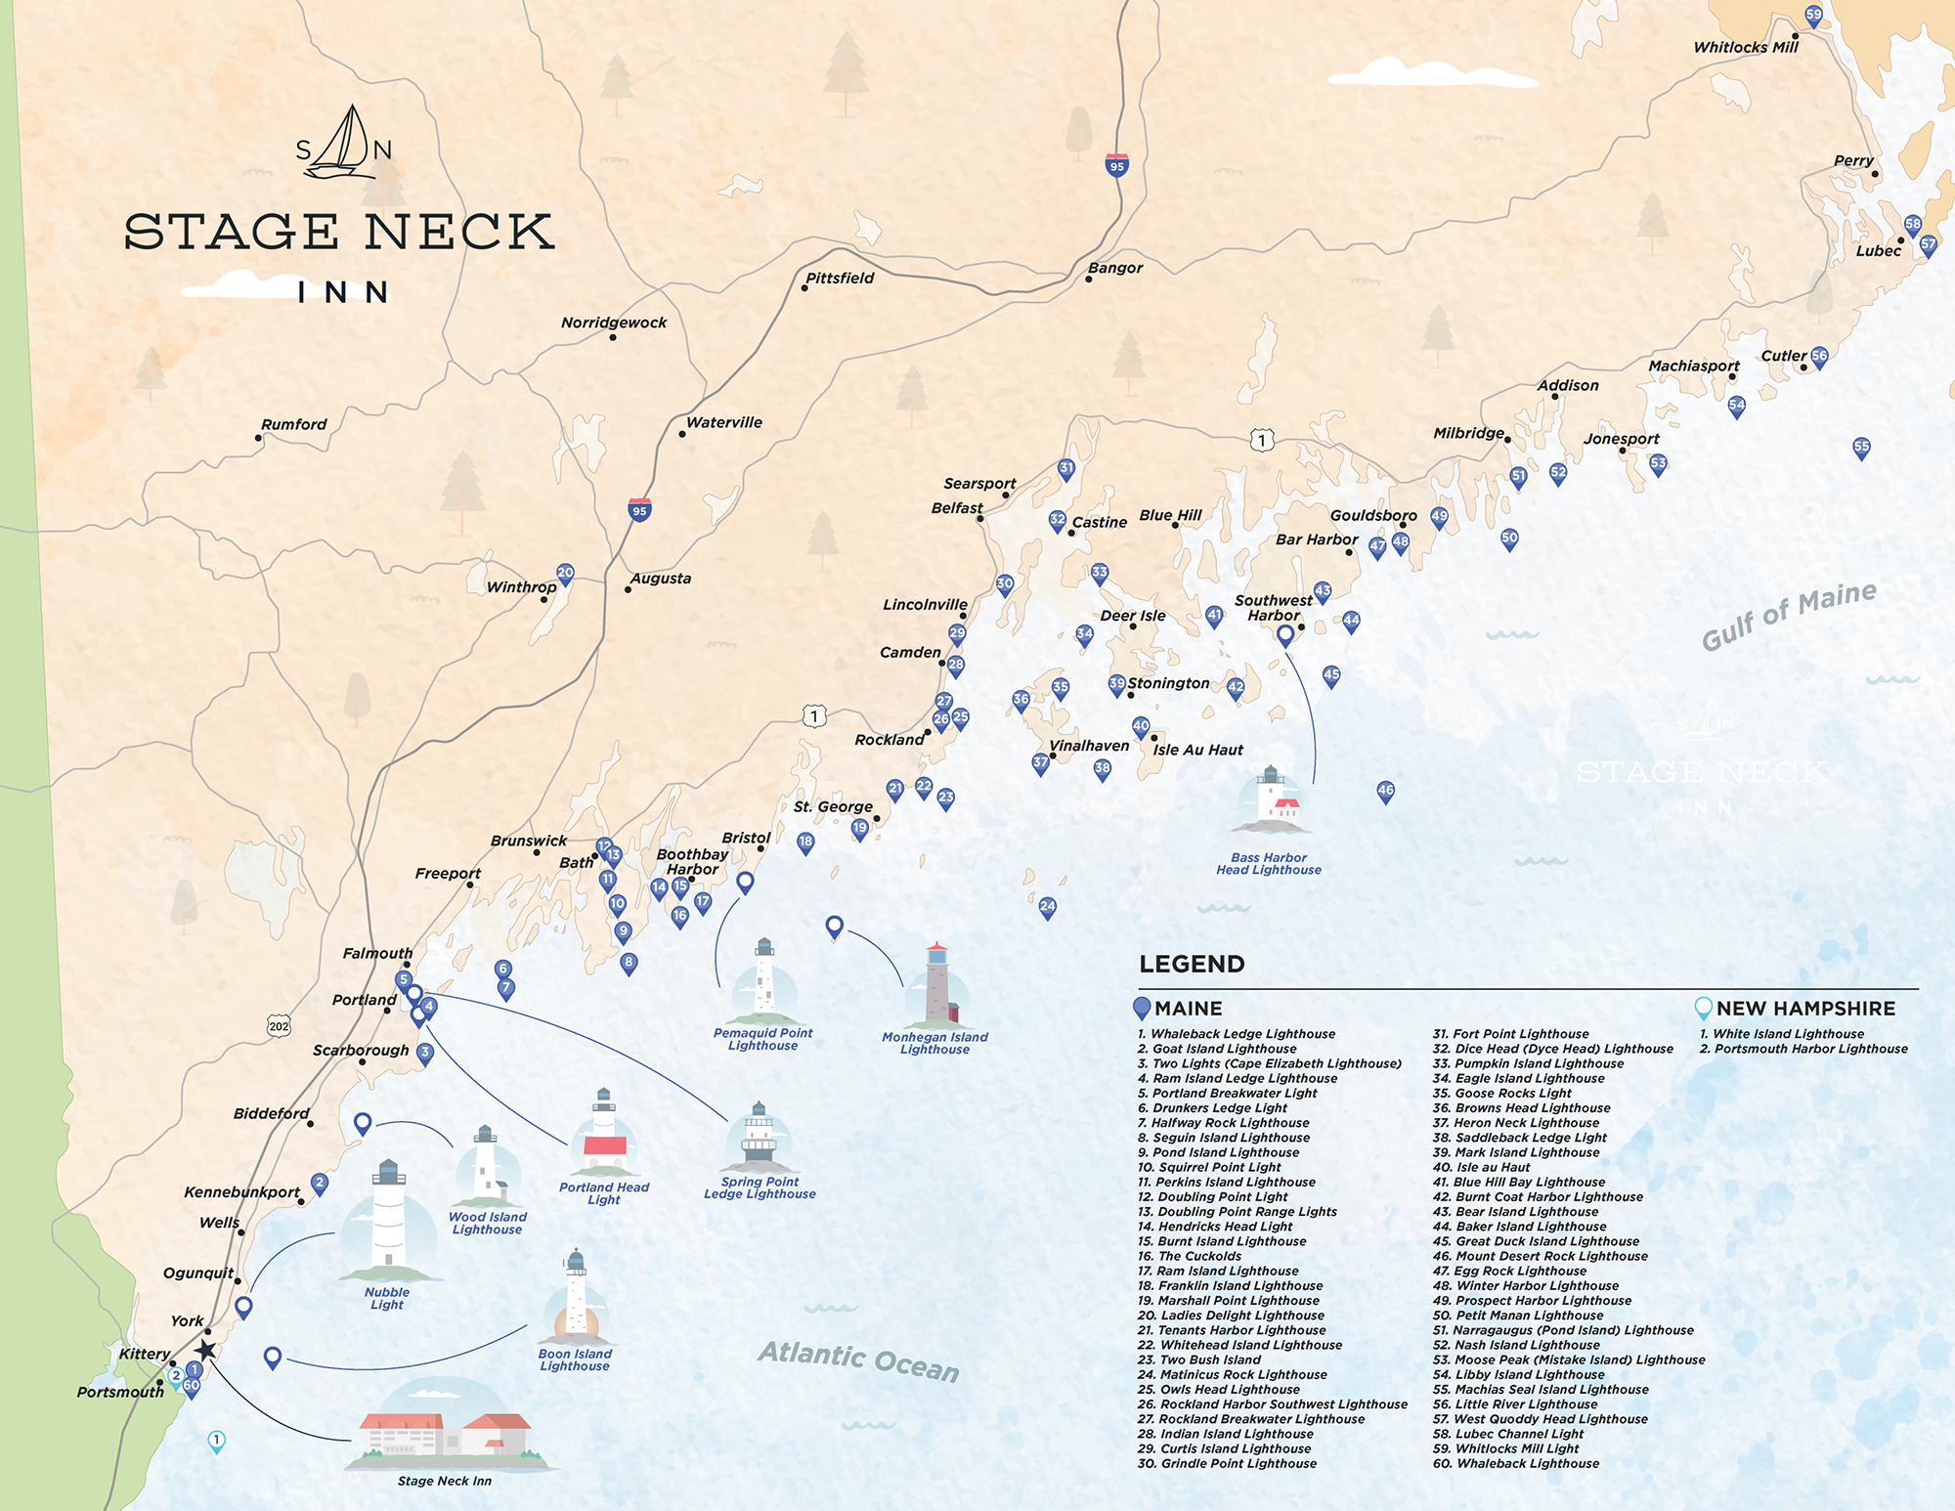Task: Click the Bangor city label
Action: [x=1115, y=268]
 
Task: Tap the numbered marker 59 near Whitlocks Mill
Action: [x=1813, y=15]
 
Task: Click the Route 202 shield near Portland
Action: [x=279, y=1025]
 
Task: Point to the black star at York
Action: [x=204, y=1351]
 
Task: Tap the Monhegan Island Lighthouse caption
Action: [x=934, y=1043]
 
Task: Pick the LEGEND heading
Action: [x=1192, y=964]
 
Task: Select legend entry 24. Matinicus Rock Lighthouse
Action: [x=1232, y=1374]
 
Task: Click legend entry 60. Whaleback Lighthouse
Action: [x=1516, y=1463]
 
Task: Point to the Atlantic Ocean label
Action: [x=858, y=1360]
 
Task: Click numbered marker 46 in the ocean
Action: [x=1385, y=791]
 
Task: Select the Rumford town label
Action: [x=293, y=424]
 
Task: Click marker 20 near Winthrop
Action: [x=565, y=573]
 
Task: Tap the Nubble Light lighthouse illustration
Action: [x=388, y=1222]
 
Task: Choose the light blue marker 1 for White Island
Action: [x=217, y=1441]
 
